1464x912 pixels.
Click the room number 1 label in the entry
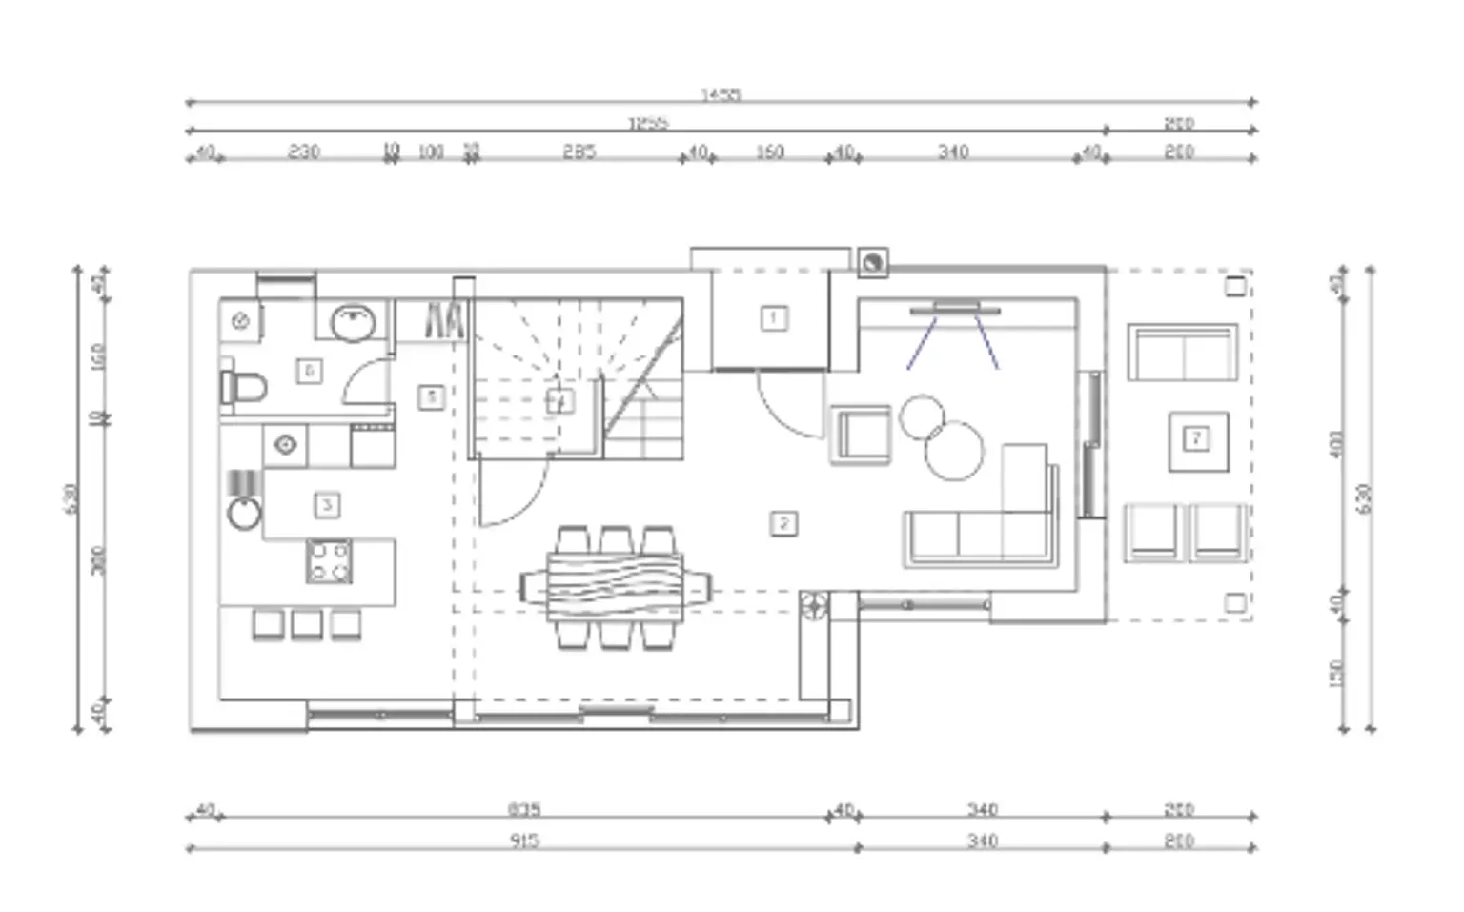[x=774, y=317]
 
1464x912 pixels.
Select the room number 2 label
[x=783, y=523]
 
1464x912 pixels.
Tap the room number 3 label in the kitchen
[x=327, y=505]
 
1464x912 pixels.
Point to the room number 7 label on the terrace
[x=1196, y=438]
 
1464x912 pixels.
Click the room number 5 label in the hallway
[x=431, y=396]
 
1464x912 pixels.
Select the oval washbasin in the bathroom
[x=354, y=322]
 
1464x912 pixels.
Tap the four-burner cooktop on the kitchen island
[x=329, y=561]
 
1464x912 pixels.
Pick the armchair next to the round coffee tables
[x=860, y=435]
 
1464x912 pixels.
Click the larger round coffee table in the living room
[x=953, y=451]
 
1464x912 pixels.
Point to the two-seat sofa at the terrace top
[x=1183, y=353]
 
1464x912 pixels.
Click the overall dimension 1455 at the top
[x=721, y=94]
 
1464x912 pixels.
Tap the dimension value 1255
[x=648, y=123]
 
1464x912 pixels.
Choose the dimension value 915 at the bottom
[x=524, y=841]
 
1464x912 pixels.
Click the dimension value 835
[x=524, y=809]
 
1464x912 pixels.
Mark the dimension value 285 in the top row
[x=579, y=152]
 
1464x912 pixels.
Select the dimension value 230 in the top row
[x=304, y=152]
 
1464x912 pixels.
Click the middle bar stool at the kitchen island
[x=307, y=625]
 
